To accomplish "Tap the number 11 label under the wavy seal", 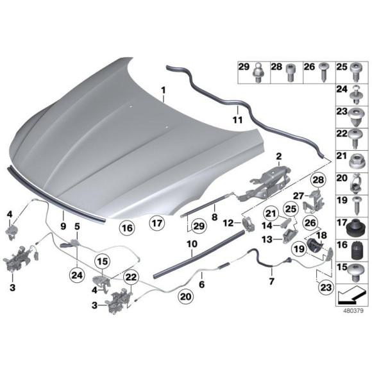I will [237, 119].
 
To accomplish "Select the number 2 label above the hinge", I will [279, 156].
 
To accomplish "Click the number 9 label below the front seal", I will [63, 226].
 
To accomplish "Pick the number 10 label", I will [191, 244].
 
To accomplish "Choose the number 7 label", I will [271, 282].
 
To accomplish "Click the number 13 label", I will [266, 239].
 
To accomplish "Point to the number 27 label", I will [297, 197].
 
